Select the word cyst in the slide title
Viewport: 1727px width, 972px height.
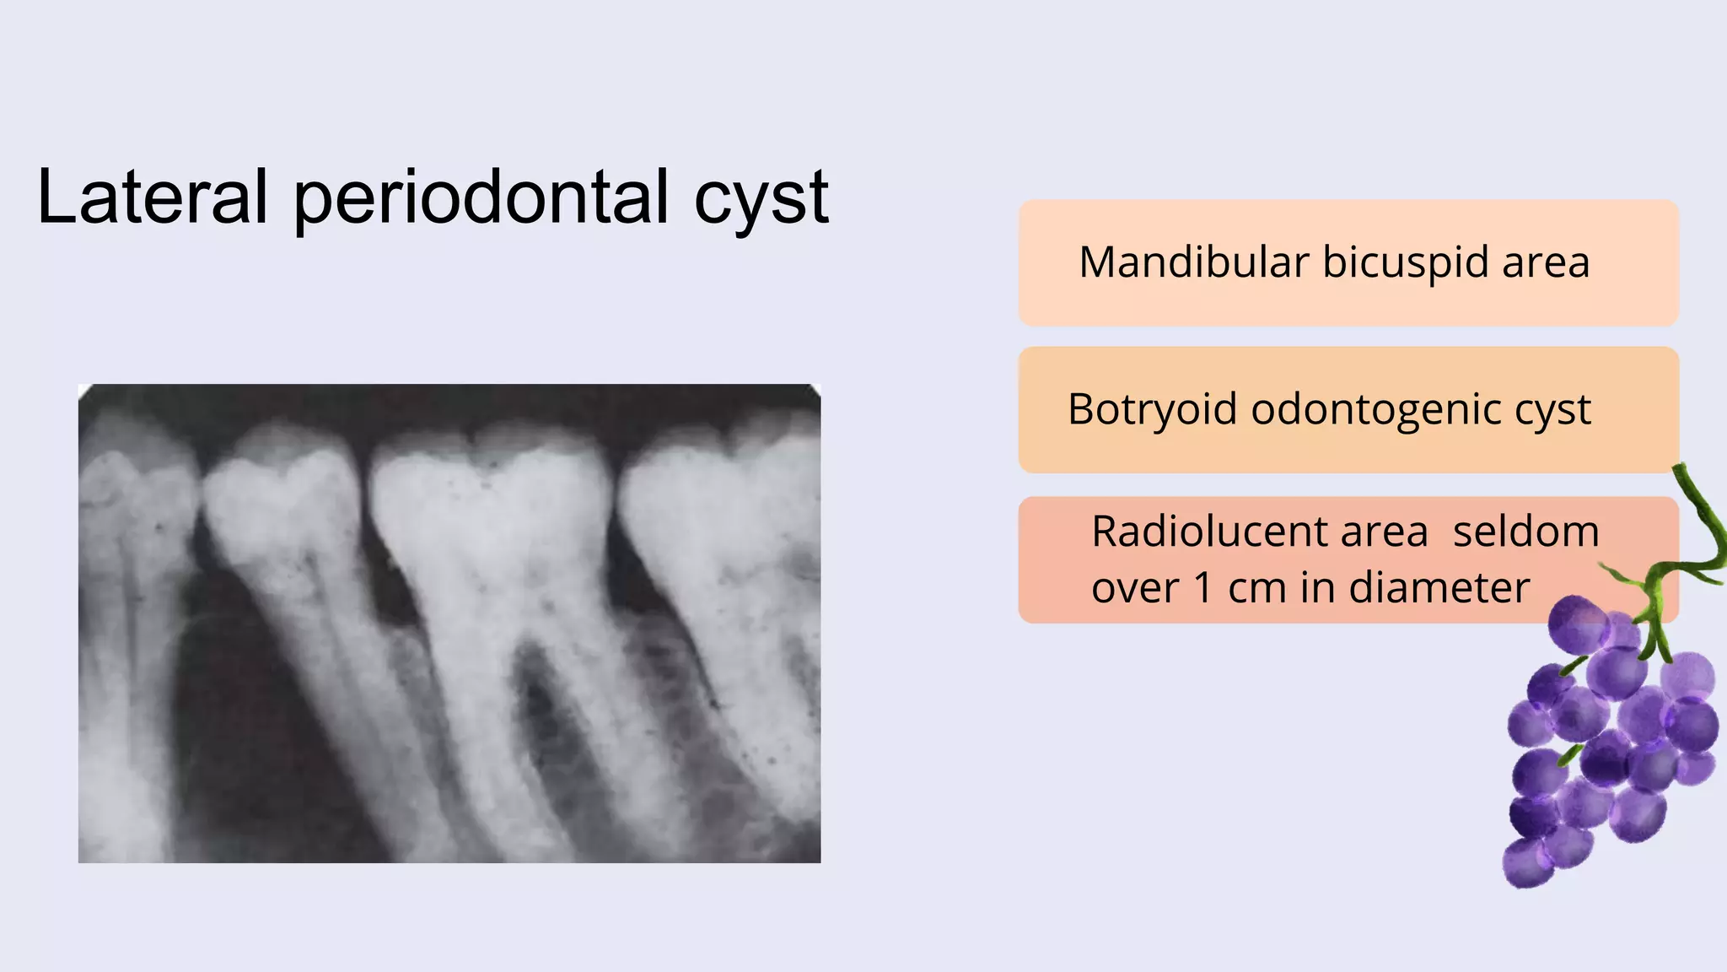(x=761, y=202)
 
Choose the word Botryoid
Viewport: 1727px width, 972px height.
(x=1153, y=409)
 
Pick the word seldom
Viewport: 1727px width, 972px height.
(x=1526, y=532)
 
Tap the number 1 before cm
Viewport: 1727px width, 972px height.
(x=1202, y=587)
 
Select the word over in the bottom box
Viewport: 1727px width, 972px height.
(x=1135, y=589)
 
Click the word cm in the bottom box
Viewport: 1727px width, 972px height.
(x=1257, y=589)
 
